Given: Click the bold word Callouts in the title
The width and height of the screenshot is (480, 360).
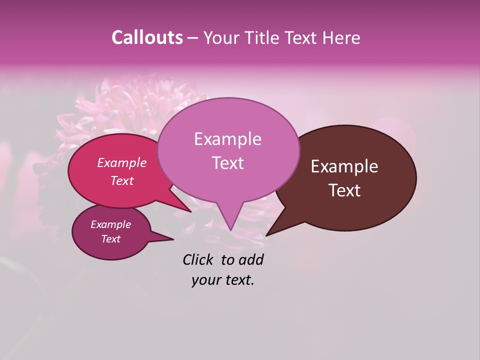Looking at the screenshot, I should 147,37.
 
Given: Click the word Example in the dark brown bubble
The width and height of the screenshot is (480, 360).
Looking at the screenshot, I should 344,166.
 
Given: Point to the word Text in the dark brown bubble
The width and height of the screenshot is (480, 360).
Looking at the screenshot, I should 344,190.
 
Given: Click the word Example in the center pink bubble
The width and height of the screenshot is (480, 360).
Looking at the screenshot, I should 227,139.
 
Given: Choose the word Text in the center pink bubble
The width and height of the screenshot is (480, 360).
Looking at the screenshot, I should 227,163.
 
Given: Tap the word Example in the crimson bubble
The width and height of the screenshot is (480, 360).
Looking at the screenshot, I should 122,163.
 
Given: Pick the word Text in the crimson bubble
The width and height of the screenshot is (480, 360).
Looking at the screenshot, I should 122,180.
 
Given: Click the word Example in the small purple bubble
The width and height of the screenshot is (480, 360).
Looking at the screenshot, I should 111,224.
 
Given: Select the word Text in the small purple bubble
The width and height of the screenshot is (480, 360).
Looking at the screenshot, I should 111,239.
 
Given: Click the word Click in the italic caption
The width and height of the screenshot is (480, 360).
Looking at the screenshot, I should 198,259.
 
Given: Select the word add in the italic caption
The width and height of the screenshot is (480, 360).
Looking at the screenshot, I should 251,259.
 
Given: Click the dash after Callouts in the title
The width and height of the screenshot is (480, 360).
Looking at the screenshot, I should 193,38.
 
